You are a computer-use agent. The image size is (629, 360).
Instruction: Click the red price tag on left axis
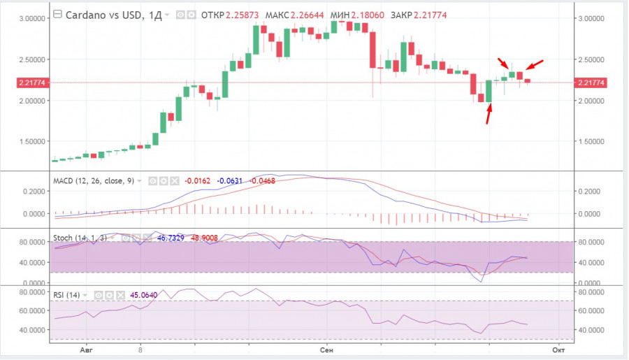click(27, 83)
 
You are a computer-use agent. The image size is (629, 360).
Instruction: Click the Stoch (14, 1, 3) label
click(79, 238)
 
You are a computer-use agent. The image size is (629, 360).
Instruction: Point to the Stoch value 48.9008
click(203, 238)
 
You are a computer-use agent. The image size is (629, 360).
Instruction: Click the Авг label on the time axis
click(87, 347)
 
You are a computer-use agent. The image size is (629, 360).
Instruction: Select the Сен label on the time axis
click(326, 347)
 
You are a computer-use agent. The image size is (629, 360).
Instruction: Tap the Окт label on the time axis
click(558, 347)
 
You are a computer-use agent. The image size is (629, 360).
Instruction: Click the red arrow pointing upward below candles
click(489, 113)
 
